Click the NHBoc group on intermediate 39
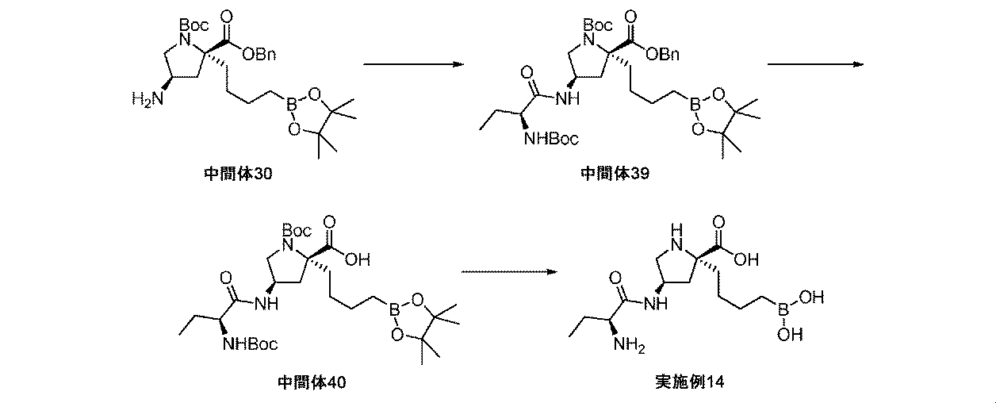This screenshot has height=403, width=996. [550, 140]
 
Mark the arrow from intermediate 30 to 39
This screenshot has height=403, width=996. [412, 64]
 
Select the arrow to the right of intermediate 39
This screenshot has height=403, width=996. [814, 64]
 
